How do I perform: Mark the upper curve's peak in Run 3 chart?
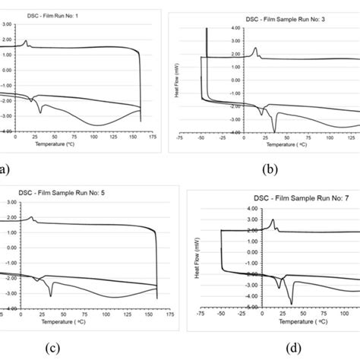click(x=255, y=49)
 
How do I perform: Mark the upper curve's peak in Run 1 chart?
click(x=26, y=41)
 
